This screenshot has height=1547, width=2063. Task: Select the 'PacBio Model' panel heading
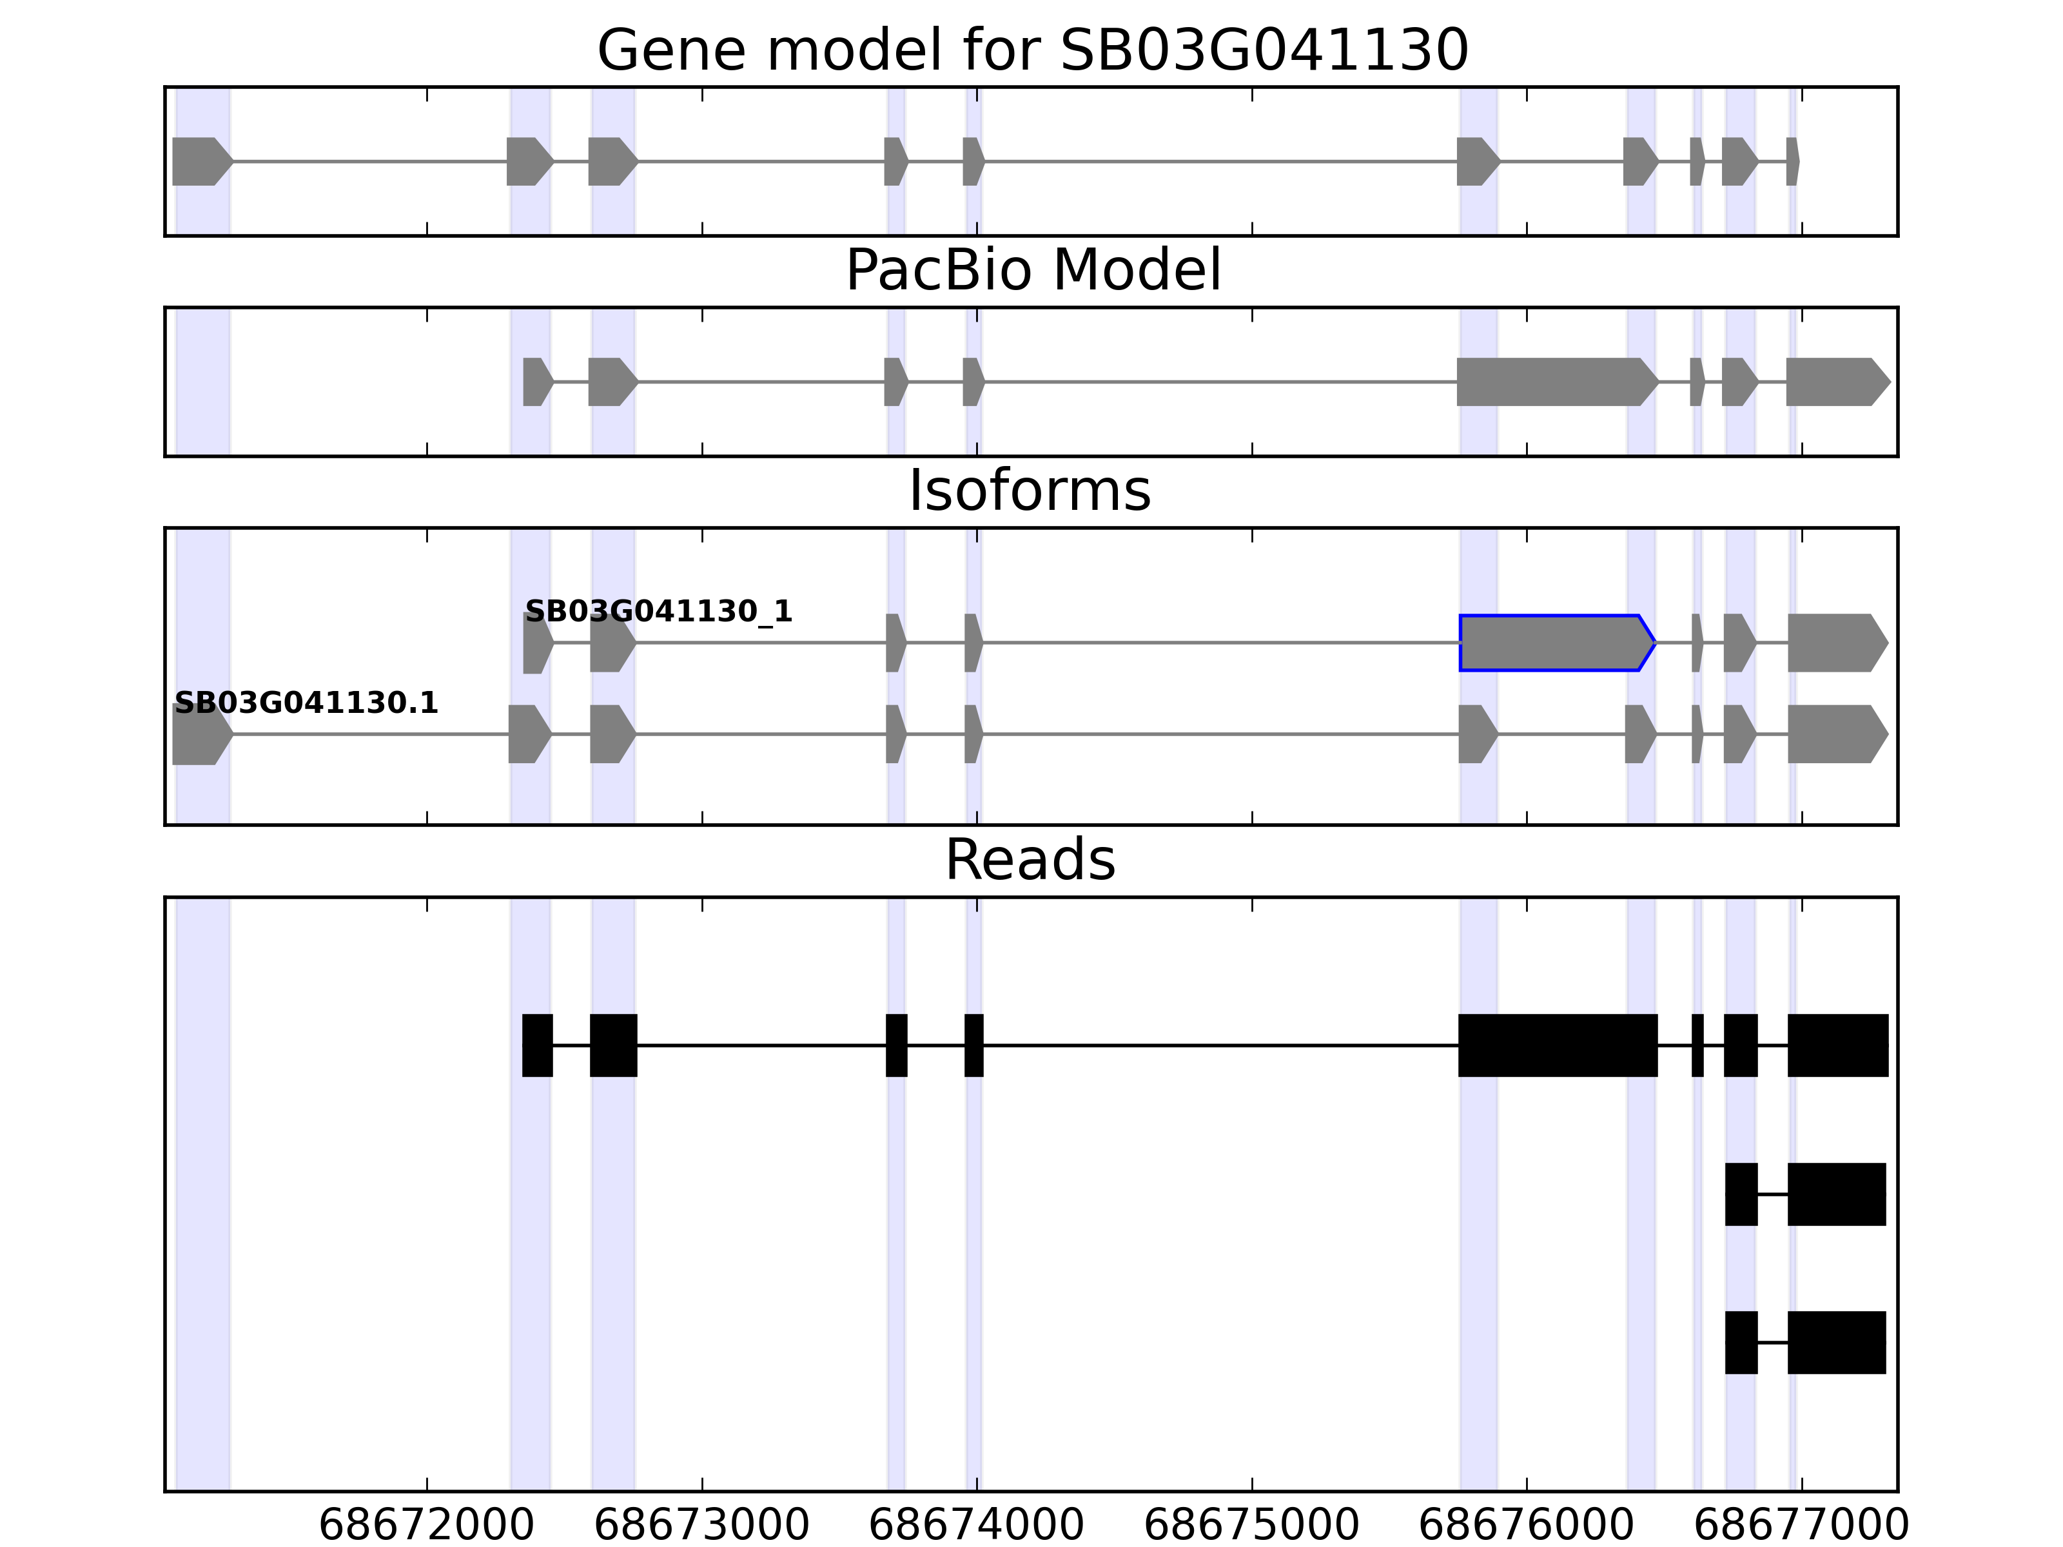(x=1032, y=271)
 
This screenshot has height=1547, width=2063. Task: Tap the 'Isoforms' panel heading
(x=1030, y=491)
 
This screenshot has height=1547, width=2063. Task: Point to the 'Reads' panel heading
(x=1030, y=860)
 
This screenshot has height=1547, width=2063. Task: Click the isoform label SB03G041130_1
(x=658, y=612)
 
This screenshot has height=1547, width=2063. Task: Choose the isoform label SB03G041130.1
(x=306, y=703)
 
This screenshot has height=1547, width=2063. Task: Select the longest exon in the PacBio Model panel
(x=1554, y=382)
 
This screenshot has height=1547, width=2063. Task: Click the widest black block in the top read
(x=1558, y=1046)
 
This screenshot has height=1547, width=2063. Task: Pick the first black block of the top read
(x=537, y=1046)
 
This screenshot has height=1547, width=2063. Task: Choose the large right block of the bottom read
(x=1836, y=1343)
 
